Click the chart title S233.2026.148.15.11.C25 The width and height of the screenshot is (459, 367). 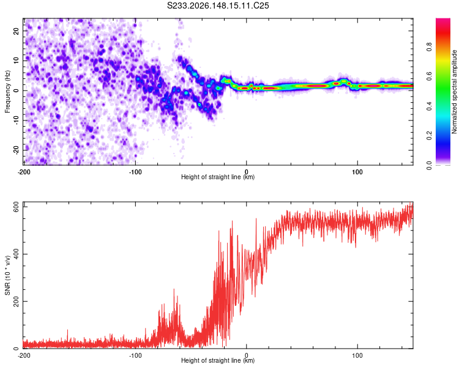point(218,6)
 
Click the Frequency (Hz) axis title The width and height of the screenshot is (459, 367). point(7,92)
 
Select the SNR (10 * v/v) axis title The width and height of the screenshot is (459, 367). point(7,275)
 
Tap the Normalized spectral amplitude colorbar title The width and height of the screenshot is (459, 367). point(453,92)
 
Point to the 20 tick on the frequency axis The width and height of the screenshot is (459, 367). point(16,31)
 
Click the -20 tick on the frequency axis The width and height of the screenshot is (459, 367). point(16,150)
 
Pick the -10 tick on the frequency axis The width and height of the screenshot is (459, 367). point(16,120)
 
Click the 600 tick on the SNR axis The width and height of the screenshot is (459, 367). point(16,207)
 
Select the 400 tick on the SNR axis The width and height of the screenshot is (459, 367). point(16,254)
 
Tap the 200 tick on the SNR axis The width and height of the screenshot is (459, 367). point(16,301)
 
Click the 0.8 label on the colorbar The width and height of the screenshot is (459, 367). point(429,46)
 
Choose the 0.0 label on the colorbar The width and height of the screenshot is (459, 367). point(429,165)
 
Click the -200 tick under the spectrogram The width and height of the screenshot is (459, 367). point(24,172)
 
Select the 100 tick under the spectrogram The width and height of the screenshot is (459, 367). point(357,172)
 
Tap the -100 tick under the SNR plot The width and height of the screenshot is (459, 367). point(135,355)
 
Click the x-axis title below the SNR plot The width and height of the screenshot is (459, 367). point(218,360)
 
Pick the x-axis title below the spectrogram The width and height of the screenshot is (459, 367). point(218,177)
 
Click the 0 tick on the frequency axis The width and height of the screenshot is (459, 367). point(16,91)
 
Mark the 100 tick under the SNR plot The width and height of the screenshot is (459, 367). point(357,355)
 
